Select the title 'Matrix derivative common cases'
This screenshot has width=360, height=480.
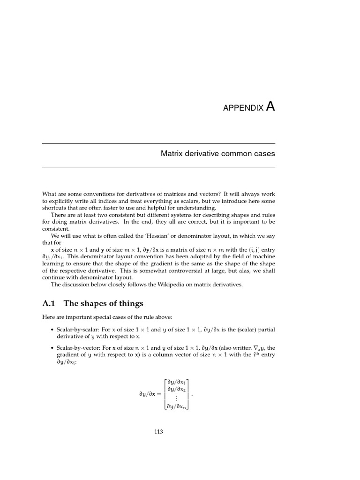(x=218, y=153)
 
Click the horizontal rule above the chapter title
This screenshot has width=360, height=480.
(x=158, y=143)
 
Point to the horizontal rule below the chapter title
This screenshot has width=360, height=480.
(x=158, y=167)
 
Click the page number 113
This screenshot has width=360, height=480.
(x=158, y=432)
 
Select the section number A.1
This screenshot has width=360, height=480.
(x=49, y=303)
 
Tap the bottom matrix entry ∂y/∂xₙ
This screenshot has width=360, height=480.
(x=176, y=406)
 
